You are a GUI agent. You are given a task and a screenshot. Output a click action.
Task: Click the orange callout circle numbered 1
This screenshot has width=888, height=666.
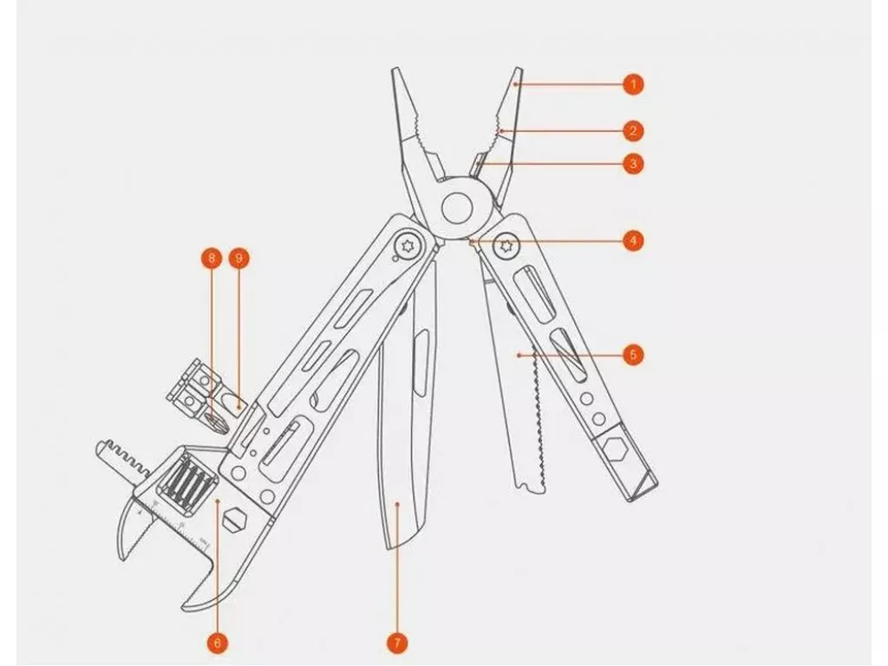tap(633, 85)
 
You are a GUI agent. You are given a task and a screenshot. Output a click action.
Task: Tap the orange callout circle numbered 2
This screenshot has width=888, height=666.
tap(633, 131)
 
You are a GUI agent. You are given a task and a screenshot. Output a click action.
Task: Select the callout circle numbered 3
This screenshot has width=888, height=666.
tap(633, 164)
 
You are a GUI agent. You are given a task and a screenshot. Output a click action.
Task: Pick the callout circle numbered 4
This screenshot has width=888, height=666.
tap(633, 240)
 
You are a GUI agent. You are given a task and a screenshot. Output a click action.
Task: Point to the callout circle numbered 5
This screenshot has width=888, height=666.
tap(633, 355)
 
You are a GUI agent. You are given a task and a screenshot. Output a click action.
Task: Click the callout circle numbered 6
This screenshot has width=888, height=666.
tap(218, 643)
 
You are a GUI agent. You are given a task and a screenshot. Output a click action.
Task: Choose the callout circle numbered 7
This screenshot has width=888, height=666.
tap(397, 643)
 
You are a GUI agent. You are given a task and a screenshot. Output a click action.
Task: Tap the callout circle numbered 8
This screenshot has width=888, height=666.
tap(212, 258)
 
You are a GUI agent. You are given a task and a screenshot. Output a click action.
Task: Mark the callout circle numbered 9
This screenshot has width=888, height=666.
tap(238, 258)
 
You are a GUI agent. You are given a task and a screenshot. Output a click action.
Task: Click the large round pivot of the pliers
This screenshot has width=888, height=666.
tap(457, 209)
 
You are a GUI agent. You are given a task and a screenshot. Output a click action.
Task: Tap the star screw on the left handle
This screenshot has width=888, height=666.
tap(406, 246)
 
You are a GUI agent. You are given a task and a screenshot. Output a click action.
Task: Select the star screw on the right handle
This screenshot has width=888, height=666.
tap(506, 245)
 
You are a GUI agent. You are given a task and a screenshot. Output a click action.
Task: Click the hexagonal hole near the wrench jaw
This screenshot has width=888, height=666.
tap(234, 519)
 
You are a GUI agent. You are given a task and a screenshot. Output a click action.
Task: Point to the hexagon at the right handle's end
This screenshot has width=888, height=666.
tap(612, 452)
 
